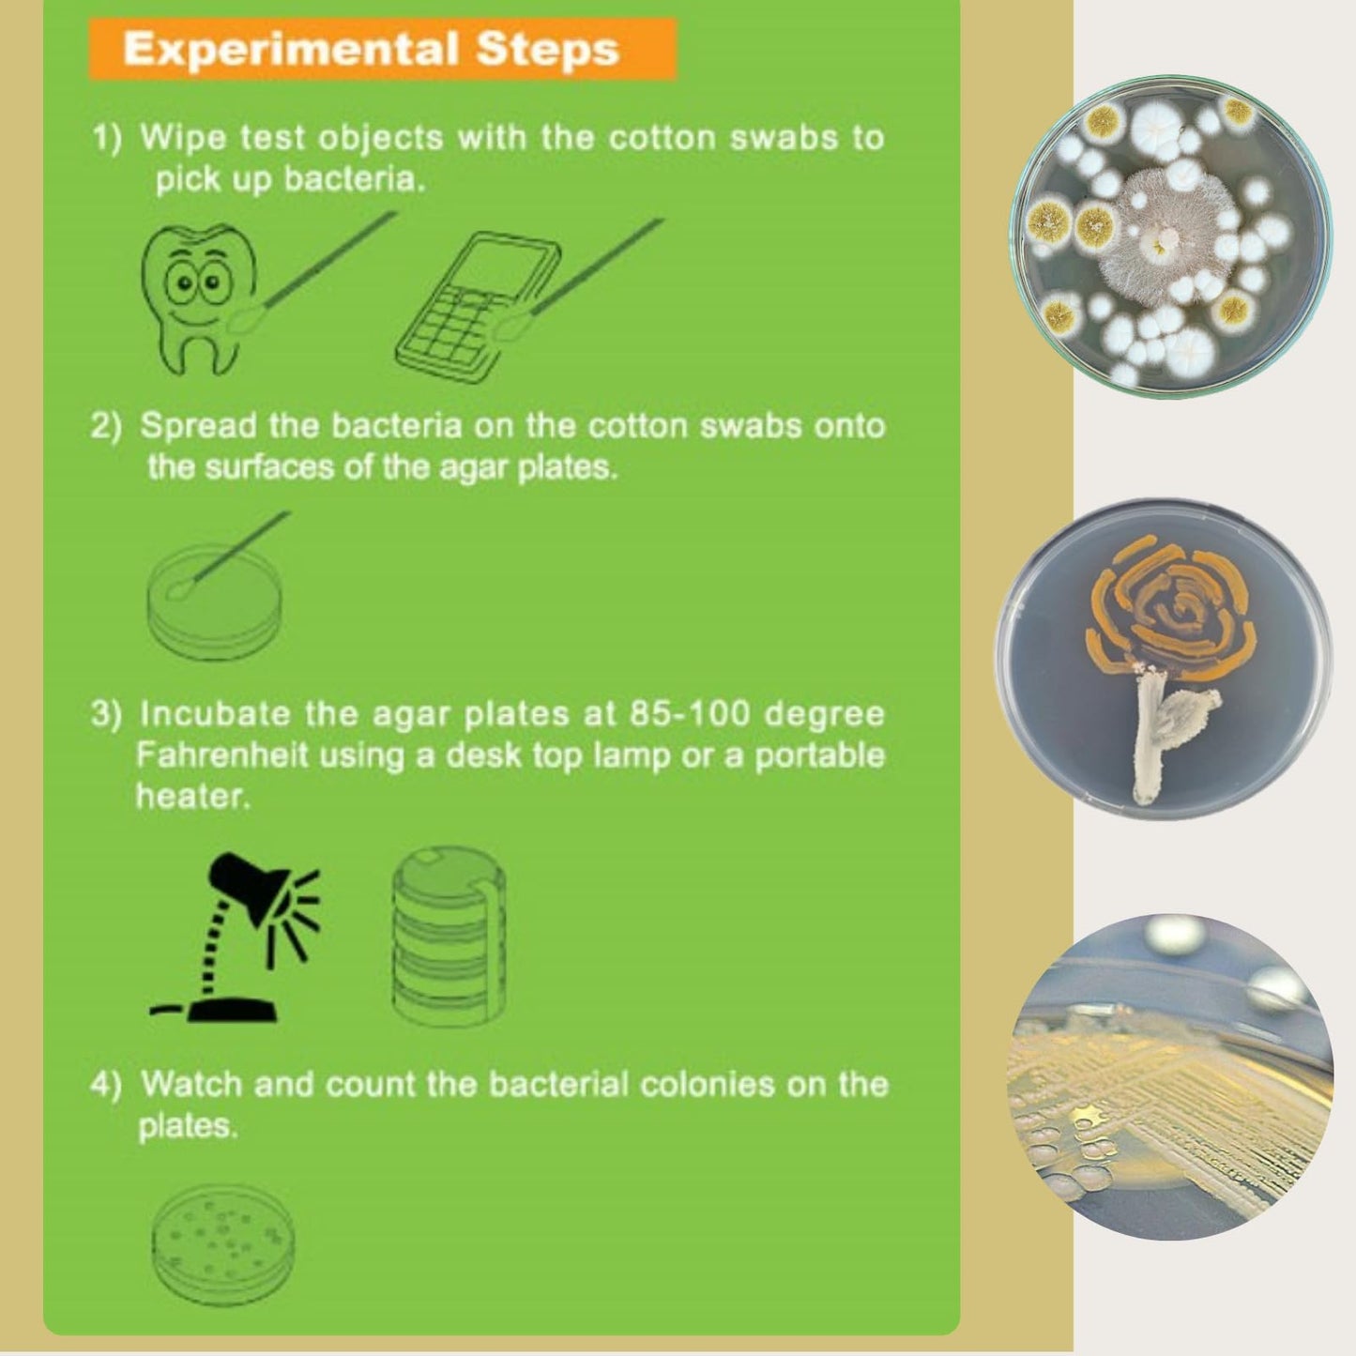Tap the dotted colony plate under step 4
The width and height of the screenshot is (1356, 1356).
coord(222,1237)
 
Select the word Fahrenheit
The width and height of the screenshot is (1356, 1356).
coord(221,755)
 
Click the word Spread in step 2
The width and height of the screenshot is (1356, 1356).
coord(198,426)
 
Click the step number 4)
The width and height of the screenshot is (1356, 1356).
coord(106,1085)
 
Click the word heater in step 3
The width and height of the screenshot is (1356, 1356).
coord(192,797)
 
